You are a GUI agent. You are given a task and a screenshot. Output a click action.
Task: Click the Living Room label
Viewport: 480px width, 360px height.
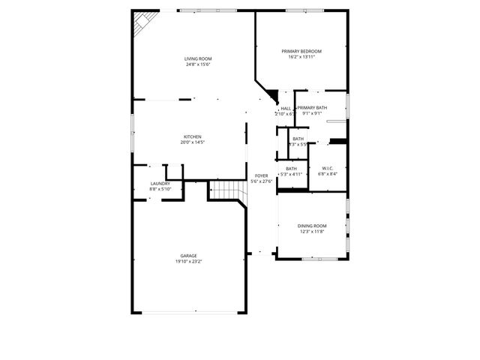click(199, 58)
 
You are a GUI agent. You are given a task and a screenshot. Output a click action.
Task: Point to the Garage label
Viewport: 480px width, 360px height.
click(188, 256)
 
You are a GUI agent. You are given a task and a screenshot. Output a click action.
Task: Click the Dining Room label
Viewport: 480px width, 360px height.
click(313, 226)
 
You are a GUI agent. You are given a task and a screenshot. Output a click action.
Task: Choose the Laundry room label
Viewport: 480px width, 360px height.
click(160, 183)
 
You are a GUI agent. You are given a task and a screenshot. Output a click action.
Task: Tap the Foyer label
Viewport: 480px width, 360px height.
click(261, 175)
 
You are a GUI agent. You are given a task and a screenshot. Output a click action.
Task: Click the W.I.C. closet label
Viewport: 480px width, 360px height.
click(328, 168)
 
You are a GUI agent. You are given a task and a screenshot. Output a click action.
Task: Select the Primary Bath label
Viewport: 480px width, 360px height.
click(311, 108)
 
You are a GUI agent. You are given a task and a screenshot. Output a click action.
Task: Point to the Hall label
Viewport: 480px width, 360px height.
click(286, 108)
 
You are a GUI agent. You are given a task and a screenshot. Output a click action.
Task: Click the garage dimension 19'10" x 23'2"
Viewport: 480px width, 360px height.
click(188, 262)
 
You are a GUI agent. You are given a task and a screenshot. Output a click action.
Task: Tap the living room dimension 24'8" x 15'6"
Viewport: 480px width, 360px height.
click(199, 64)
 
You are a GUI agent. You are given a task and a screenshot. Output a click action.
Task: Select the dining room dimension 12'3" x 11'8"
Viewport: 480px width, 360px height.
click(313, 232)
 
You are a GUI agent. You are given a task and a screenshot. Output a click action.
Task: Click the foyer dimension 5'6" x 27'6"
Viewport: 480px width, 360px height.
click(261, 181)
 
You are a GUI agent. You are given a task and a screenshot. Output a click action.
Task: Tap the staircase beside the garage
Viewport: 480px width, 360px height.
click(226, 191)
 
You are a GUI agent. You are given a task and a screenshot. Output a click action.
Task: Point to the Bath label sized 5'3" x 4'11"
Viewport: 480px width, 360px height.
click(291, 168)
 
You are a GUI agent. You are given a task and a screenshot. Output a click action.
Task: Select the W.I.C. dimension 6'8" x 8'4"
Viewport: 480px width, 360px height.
click(328, 174)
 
